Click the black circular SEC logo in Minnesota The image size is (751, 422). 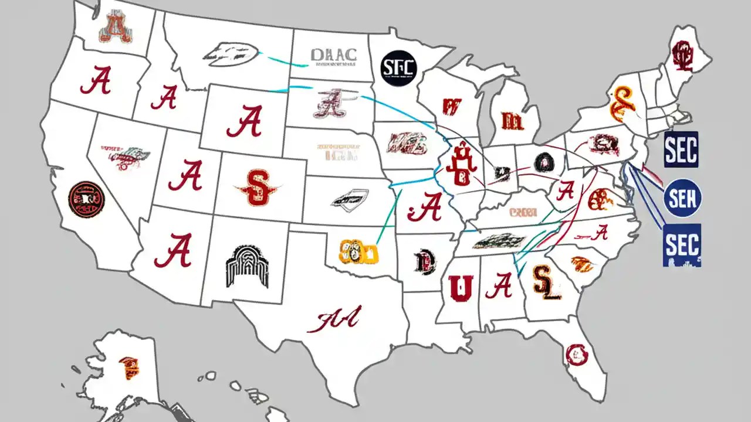click(398, 67)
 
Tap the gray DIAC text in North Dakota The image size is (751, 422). click(333, 55)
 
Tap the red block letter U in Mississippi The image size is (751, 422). click(461, 287)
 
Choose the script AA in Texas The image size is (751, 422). click(337, 319)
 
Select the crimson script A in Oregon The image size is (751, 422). click(96, 80)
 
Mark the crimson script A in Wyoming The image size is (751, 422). click(243, 122)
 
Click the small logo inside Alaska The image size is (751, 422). click(127, 367)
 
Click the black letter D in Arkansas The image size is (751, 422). click(424, 261)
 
